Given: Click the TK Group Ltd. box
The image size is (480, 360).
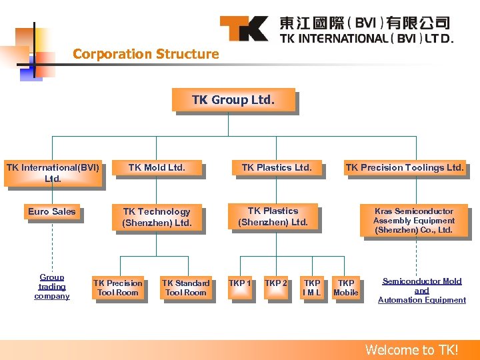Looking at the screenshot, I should tap(233, 101).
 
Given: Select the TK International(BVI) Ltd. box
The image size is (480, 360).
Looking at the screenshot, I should tap(53, 173).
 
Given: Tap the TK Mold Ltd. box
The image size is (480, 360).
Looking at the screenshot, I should tap(157, 168).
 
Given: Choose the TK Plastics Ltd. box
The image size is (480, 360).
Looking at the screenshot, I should tap(276, 168).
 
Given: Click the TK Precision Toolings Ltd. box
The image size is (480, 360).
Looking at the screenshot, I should tap(404, 168).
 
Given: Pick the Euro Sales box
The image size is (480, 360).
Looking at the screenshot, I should tap(52, 212).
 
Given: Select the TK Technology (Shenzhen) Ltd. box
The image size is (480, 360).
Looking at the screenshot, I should tap(157, 217).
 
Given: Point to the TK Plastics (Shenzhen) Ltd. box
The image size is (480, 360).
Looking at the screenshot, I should tap(273, 217).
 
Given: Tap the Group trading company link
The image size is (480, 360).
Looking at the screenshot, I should tap(52, 287).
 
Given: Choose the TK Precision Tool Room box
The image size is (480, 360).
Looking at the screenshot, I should tap(117, 288).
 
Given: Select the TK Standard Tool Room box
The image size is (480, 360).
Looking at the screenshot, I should tap(186, 288).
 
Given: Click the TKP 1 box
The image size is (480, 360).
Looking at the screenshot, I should tap(240, 284).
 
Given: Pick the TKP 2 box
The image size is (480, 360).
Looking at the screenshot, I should tap(276, 284).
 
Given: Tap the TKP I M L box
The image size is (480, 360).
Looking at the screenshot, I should tap(311, 288).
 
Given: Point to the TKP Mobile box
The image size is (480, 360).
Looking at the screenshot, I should tap(345, 288).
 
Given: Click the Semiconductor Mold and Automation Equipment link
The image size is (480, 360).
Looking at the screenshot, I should tap(421, 291).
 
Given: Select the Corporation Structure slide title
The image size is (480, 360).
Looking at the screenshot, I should tap(145, 54).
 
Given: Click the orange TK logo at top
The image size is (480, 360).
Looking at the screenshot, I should tap(244, 29).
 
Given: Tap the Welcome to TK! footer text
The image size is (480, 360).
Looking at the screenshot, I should tap(412, 350).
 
